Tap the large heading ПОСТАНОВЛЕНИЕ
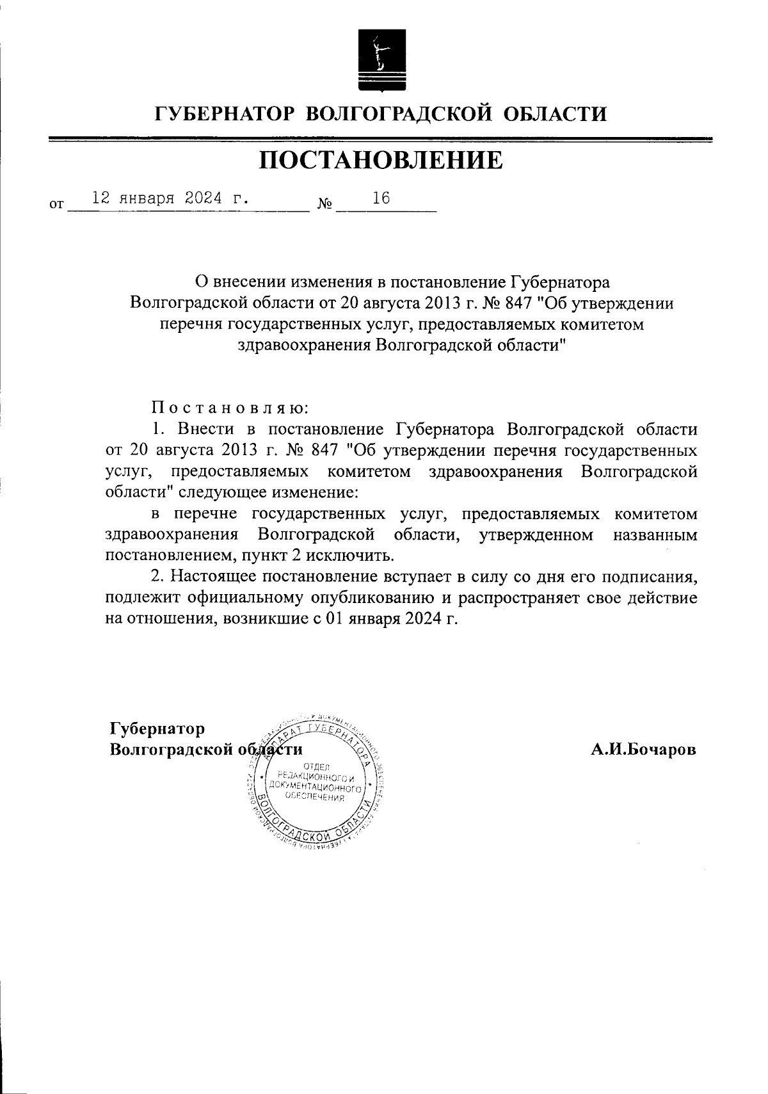pos(381,161)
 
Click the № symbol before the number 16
pos(324,205)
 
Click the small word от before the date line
pos(56,205)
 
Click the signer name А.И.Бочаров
pos(643,750)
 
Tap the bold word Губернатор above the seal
pos(157,729)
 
